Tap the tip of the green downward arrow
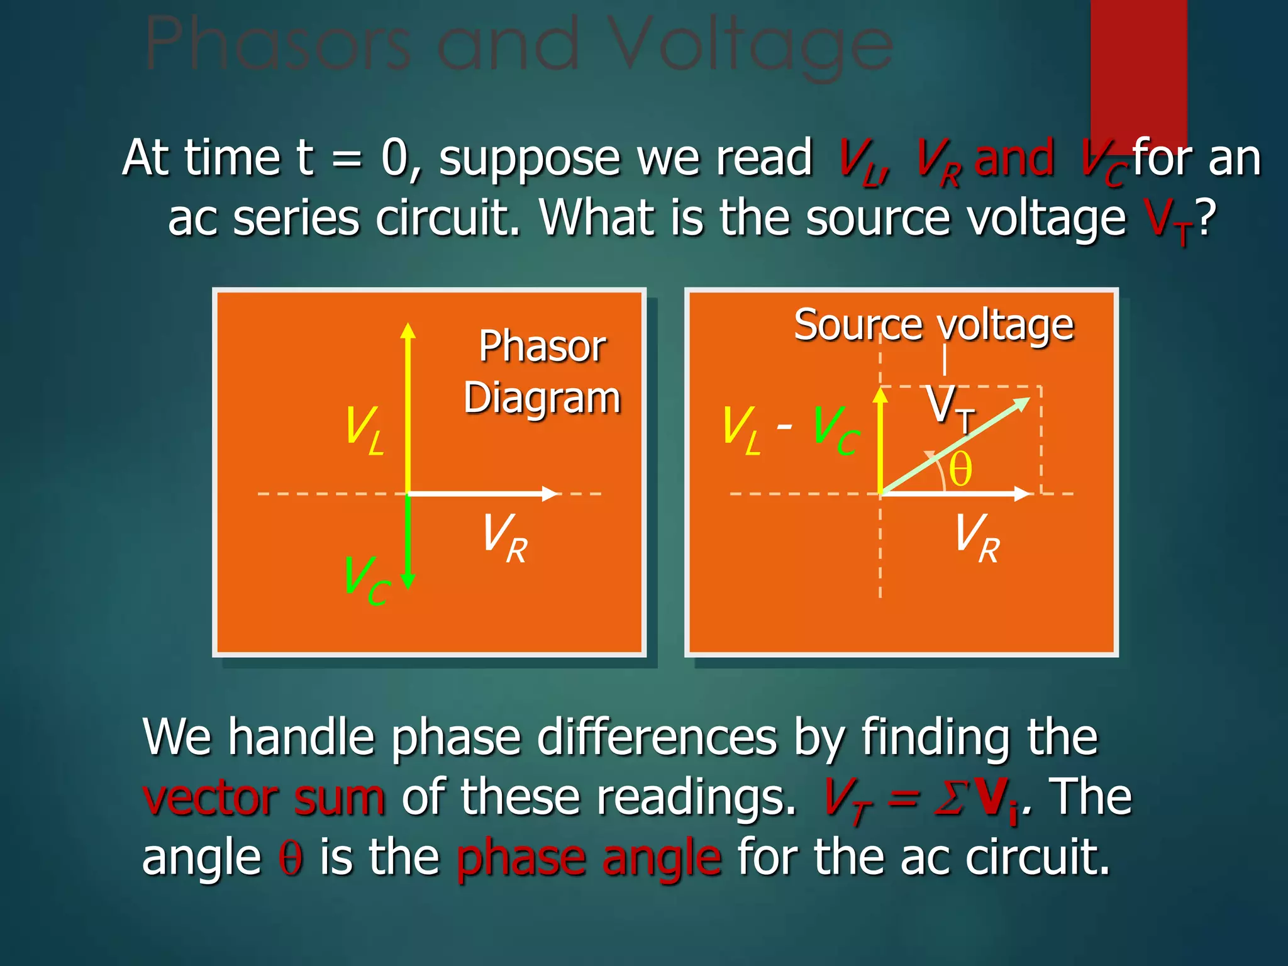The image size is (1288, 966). [408, 584]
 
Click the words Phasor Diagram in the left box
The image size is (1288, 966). [542, 372]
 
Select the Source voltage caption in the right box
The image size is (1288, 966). [933, 325]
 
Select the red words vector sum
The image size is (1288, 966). [264, 797]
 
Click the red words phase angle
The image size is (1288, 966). [589, 857]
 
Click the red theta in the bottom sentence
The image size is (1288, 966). [291, 857]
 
